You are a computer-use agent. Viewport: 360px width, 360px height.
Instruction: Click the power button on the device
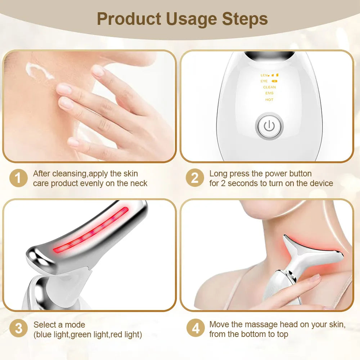(x=269, y=126)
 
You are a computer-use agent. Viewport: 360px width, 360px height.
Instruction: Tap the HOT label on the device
(x=269, y=100)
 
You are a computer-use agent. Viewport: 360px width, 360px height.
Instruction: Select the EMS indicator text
(x=269, y=93)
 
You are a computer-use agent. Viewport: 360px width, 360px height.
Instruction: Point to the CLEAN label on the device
(x=269, y=87)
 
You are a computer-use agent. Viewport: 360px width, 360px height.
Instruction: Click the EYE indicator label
(x=265, y=81)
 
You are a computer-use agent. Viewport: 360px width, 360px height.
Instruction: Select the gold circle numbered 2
(x=195, y=178)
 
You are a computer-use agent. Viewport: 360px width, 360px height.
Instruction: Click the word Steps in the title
(x=245, y=19)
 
